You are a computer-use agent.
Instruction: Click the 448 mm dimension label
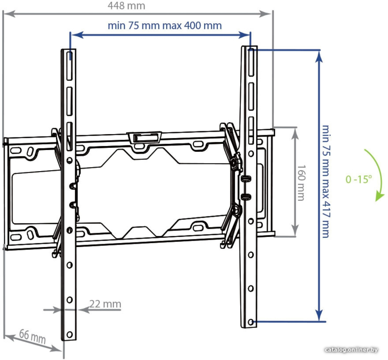click(x=126, y=6)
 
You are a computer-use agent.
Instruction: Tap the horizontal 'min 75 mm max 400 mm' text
click(x=165, y=25)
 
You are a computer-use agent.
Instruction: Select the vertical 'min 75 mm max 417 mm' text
click(x=326, y=181)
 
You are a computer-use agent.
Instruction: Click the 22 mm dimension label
click(x=105, y=304)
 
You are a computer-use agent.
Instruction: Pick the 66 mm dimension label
click(x=32, y=336)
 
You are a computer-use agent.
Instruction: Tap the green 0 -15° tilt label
click(x=359, y=179)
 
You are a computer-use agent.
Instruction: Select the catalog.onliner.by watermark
click(x=351, y=350)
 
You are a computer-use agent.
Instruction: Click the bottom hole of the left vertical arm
click(x=69, y=335)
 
